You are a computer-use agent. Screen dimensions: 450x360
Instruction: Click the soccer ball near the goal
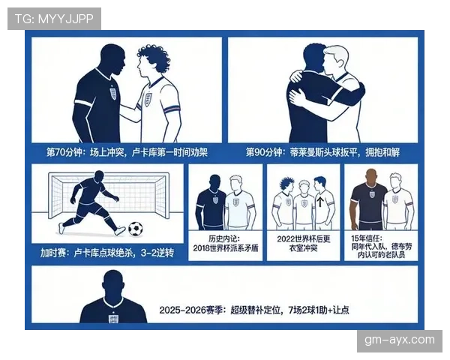[136, 229]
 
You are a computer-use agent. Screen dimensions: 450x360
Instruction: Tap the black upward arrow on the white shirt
[320, 202]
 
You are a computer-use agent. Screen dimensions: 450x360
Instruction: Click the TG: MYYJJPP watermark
[54, 19]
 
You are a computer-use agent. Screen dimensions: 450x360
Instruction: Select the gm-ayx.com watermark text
[400, 340]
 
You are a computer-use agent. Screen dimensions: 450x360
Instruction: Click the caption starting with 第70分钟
[127, 152]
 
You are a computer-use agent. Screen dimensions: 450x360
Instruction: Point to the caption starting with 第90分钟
[322, 152]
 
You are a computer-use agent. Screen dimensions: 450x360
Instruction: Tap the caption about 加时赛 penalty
[107, 253]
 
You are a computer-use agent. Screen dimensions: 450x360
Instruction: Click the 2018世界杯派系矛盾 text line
[226, 248]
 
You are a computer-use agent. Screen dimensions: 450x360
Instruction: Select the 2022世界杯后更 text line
[304, 238]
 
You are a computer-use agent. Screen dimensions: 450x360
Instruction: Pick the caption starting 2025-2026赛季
[254, 310]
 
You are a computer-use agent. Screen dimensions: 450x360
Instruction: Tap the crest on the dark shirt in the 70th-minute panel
[112, 94]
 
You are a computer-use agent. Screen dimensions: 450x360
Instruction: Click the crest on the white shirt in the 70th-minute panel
[148, 99]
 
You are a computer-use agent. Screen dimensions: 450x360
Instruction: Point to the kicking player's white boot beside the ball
[120, 230]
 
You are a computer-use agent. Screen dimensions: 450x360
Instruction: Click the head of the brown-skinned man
[371, 177]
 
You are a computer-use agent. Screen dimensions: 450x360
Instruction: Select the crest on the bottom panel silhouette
[113, 319]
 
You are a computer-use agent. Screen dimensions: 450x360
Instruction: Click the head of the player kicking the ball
[99, 177]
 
